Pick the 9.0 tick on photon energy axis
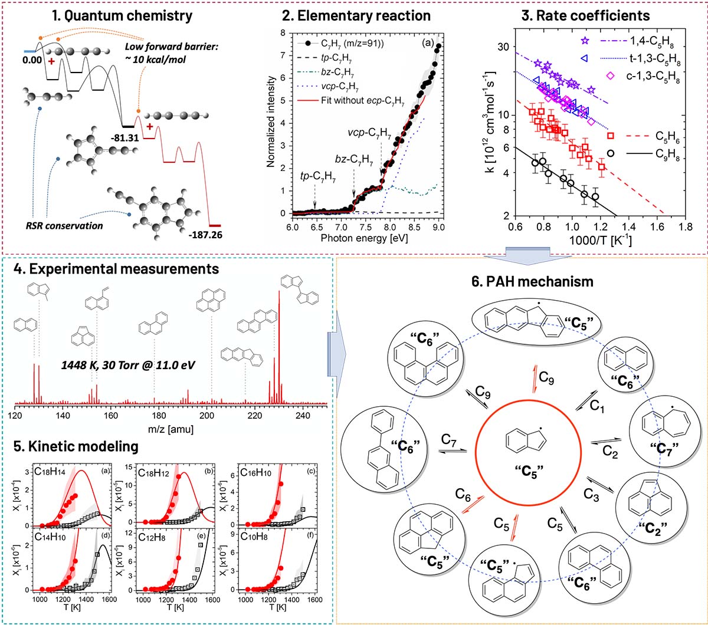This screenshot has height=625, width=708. click(438, 227)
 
